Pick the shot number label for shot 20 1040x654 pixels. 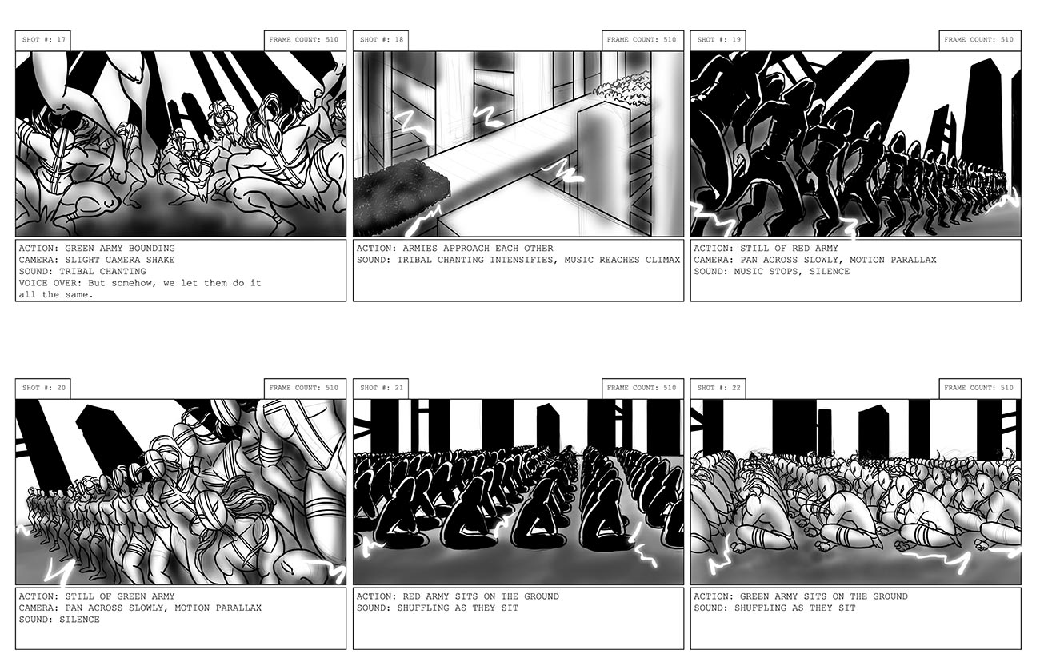coord(43,389)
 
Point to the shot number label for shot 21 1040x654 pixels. coord(381,389)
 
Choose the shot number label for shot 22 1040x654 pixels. coord(718,389)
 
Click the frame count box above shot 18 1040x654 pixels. coord(642,41)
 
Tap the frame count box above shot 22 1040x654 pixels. coord(980,389)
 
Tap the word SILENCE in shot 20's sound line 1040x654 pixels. coord(79,620)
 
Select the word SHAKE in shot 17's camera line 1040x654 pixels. coord(161,260)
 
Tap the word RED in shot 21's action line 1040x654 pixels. coord(411,596)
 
